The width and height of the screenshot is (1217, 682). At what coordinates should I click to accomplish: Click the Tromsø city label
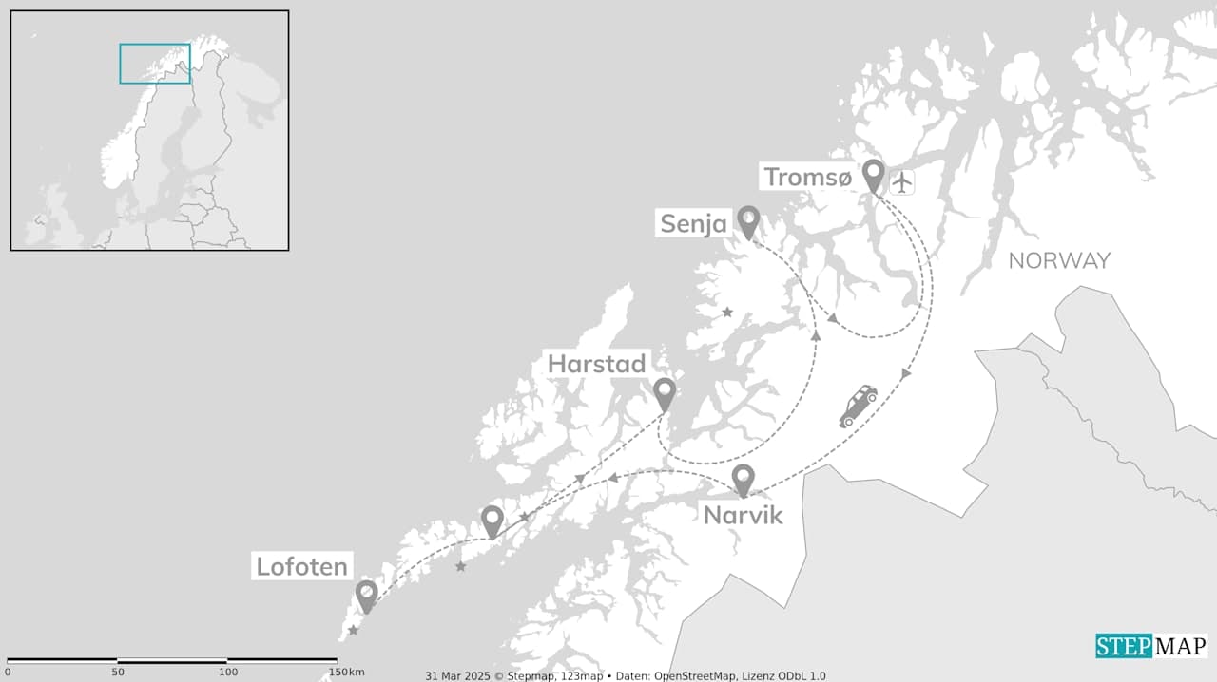tap(807, 177)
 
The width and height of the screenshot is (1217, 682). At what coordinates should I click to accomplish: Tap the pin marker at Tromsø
tap(873, 175)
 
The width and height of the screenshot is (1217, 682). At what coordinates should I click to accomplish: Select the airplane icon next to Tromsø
tap(901, 180)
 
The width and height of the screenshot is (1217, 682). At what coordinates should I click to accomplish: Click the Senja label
tap(693, 224)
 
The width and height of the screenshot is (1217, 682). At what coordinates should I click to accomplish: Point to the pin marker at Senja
tap(748, 221)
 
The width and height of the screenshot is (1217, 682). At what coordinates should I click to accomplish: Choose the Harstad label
tap(596, 364)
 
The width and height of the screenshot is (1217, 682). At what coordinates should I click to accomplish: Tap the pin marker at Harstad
tap(664, 392)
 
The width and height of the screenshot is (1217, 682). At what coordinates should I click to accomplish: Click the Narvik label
tap(743, 515)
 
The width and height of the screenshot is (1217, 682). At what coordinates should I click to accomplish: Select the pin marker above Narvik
tap(743, 479)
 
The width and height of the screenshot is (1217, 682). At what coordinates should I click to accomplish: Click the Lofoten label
tap(301, 567)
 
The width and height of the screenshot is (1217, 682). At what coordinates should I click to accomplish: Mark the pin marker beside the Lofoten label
tap(366, 596)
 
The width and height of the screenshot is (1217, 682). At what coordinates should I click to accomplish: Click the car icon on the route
tap(858, 406)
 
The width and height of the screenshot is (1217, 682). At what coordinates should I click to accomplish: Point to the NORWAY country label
tap(1058, 260)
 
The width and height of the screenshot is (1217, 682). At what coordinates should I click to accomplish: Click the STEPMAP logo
tap(1150, 647)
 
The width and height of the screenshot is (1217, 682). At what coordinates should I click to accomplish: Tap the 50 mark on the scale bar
tap(117, 672)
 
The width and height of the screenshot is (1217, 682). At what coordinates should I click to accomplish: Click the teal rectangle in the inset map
tap(155, 64)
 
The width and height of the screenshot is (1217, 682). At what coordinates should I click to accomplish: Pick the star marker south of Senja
tap(727, 312)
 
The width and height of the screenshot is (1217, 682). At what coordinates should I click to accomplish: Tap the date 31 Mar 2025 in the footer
tap(456, 676)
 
